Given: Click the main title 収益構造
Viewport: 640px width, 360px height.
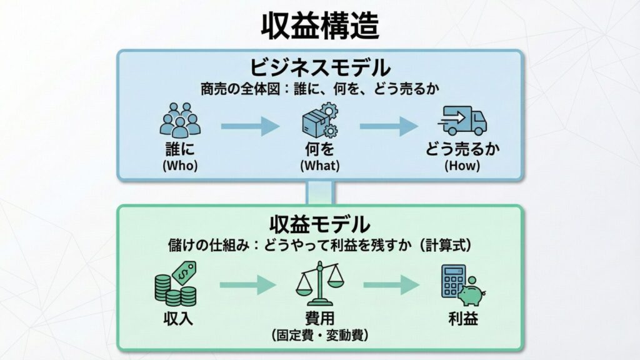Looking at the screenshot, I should pos(319,26).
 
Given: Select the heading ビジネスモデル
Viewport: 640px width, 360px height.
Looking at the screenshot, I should pos(319,67).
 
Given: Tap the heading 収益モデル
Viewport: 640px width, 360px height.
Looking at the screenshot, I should pos(319,223).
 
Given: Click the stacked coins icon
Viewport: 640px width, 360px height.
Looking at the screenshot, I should pos(176,283).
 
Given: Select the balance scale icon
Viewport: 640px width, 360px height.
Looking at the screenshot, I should pos(319,284).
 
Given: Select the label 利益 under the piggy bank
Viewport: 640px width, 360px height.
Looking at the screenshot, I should pos(463,319).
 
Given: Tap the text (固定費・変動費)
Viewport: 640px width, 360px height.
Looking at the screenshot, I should pos(319,335).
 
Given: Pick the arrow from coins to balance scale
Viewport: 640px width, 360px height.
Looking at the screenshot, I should pos(248,286).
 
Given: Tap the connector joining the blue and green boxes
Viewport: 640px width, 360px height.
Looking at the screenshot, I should pos(319,192).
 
